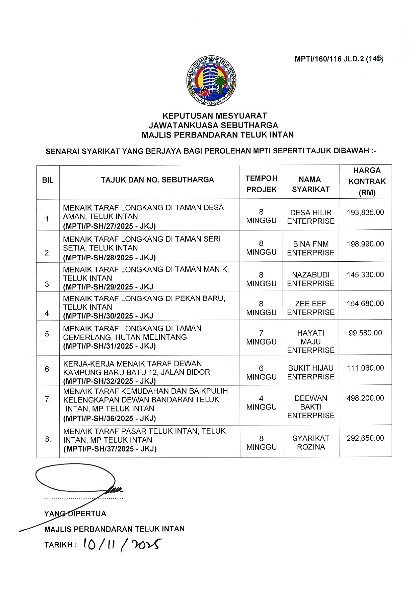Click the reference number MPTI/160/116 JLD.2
[339, 59]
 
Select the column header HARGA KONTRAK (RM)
[367, 181]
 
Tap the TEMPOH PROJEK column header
[261, 184]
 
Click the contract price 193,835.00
[365, 213]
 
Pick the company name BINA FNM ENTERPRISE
[311, 248]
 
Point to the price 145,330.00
[365, 274]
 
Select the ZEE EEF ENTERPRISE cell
[311, 308]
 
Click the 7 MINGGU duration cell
[261, 337]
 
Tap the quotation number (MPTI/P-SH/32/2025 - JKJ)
[109, 381]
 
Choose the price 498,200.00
[365, 398]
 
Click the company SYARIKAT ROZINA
[311, 442]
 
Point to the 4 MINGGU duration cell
[261, 402]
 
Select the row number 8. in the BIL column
[48, 439]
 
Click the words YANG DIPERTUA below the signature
[75, 513]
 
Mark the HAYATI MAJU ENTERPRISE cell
[311, 342]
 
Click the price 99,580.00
[365, 333]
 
